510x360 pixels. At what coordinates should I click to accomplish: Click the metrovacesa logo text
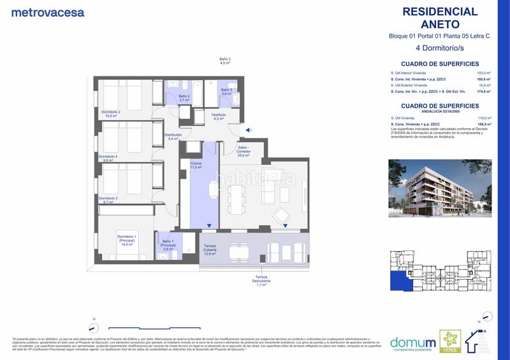pos(48,12)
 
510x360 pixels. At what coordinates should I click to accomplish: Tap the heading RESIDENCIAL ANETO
pos(440,18)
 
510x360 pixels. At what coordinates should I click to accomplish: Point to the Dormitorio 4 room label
pos(108,158)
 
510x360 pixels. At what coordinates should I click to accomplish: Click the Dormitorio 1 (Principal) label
pos(126,239)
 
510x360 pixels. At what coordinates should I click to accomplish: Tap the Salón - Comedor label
pos(242,150)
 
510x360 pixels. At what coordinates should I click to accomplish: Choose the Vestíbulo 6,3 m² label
pos(219,117)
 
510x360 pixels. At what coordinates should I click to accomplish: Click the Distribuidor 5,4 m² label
pos(173,136)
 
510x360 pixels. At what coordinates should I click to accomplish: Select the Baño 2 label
pos(184,98)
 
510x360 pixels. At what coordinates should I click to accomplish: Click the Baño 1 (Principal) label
pos(168,245)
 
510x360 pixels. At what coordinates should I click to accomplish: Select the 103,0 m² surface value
pos(486,73)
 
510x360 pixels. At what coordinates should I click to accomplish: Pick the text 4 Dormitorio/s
pos(439,48)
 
